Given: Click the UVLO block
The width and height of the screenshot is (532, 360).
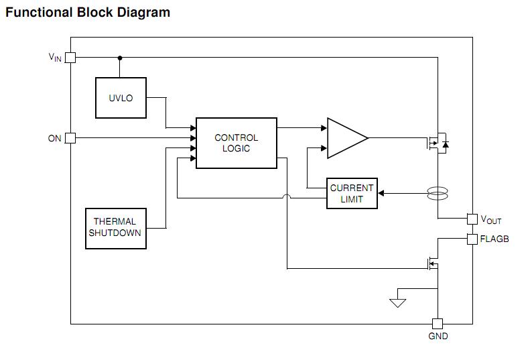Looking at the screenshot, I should [121, 98].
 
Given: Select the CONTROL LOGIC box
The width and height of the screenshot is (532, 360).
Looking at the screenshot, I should [236, 143].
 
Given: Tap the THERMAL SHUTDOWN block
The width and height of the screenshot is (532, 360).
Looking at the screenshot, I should [115, 228].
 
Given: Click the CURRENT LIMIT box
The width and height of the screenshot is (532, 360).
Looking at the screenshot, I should [352, 194].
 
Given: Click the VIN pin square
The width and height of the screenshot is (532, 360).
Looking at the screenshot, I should [70, 58].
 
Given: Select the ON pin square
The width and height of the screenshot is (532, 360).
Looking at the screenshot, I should [70, 138].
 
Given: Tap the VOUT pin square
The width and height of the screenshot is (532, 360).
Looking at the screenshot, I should [472, 219].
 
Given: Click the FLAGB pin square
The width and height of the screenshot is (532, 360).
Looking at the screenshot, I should [472, 239].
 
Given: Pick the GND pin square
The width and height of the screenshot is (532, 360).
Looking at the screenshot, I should [438, 323].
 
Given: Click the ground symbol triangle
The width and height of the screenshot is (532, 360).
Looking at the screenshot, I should [398, 302].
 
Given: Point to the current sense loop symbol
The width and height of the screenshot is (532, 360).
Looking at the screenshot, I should [438, 194].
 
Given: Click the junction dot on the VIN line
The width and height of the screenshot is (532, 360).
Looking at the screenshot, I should [120, 58].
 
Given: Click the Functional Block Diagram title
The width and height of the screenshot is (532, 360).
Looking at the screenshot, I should [88, 12].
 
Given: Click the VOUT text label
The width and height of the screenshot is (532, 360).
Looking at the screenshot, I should [490, 220].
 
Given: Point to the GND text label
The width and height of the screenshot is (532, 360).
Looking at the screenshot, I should [438, 336].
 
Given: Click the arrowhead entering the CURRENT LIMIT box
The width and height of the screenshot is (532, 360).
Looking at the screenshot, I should [381, 194].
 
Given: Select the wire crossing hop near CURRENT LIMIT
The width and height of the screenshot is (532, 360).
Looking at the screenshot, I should [287, 197].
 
